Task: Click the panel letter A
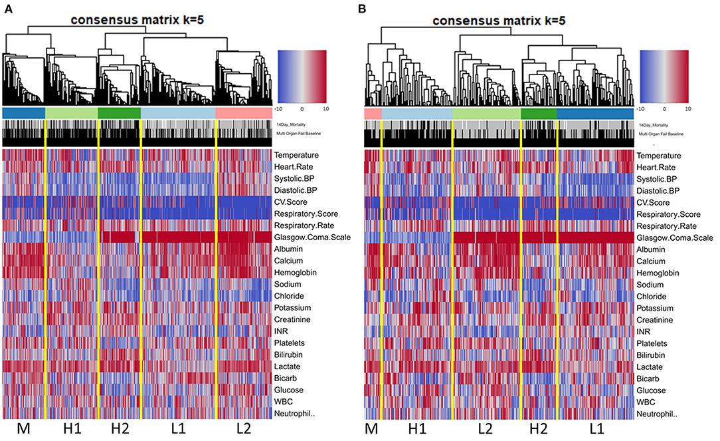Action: coord(7,8)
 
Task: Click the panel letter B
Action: coord(367,8)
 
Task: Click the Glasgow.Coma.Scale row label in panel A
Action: coord(312,237)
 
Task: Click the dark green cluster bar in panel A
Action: coord(119,113)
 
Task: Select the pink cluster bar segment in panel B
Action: coord(373,113)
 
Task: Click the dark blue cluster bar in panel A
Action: coord(24,113)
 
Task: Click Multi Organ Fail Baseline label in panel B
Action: coord(667,134)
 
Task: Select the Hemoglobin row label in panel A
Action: coord(298,273)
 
